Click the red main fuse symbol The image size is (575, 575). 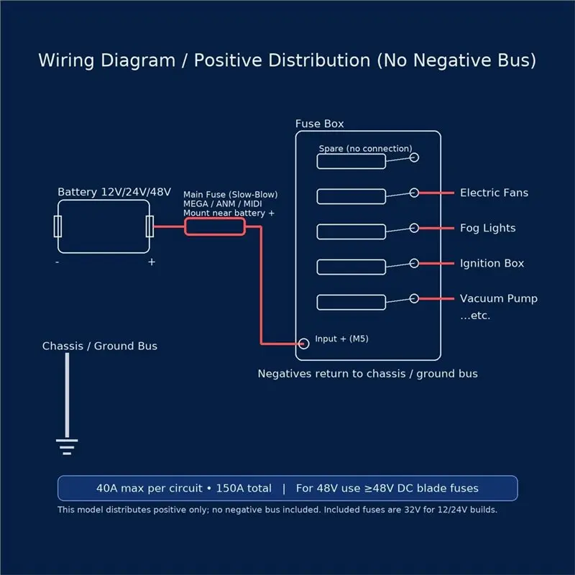point(215,219)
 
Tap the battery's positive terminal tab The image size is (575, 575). point(149,226)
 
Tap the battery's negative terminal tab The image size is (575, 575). point(57,226)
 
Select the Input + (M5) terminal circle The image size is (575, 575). point(303,344)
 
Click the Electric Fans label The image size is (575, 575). point(494,193)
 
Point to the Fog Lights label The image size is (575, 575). point(488,228)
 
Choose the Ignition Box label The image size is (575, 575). point(492,263)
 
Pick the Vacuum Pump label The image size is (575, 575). point(499,298)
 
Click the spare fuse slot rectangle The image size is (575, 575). point(351,155)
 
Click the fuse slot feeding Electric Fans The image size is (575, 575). point(351,190)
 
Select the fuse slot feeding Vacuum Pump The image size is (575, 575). point(351,295)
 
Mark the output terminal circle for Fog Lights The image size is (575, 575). point(415,224)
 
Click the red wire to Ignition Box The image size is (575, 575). point(437,263)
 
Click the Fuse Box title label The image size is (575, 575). point(319,124)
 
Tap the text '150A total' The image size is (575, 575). point(244,488)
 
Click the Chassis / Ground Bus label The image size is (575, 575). point(100,346)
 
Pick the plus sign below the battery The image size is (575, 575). point(152,262)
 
